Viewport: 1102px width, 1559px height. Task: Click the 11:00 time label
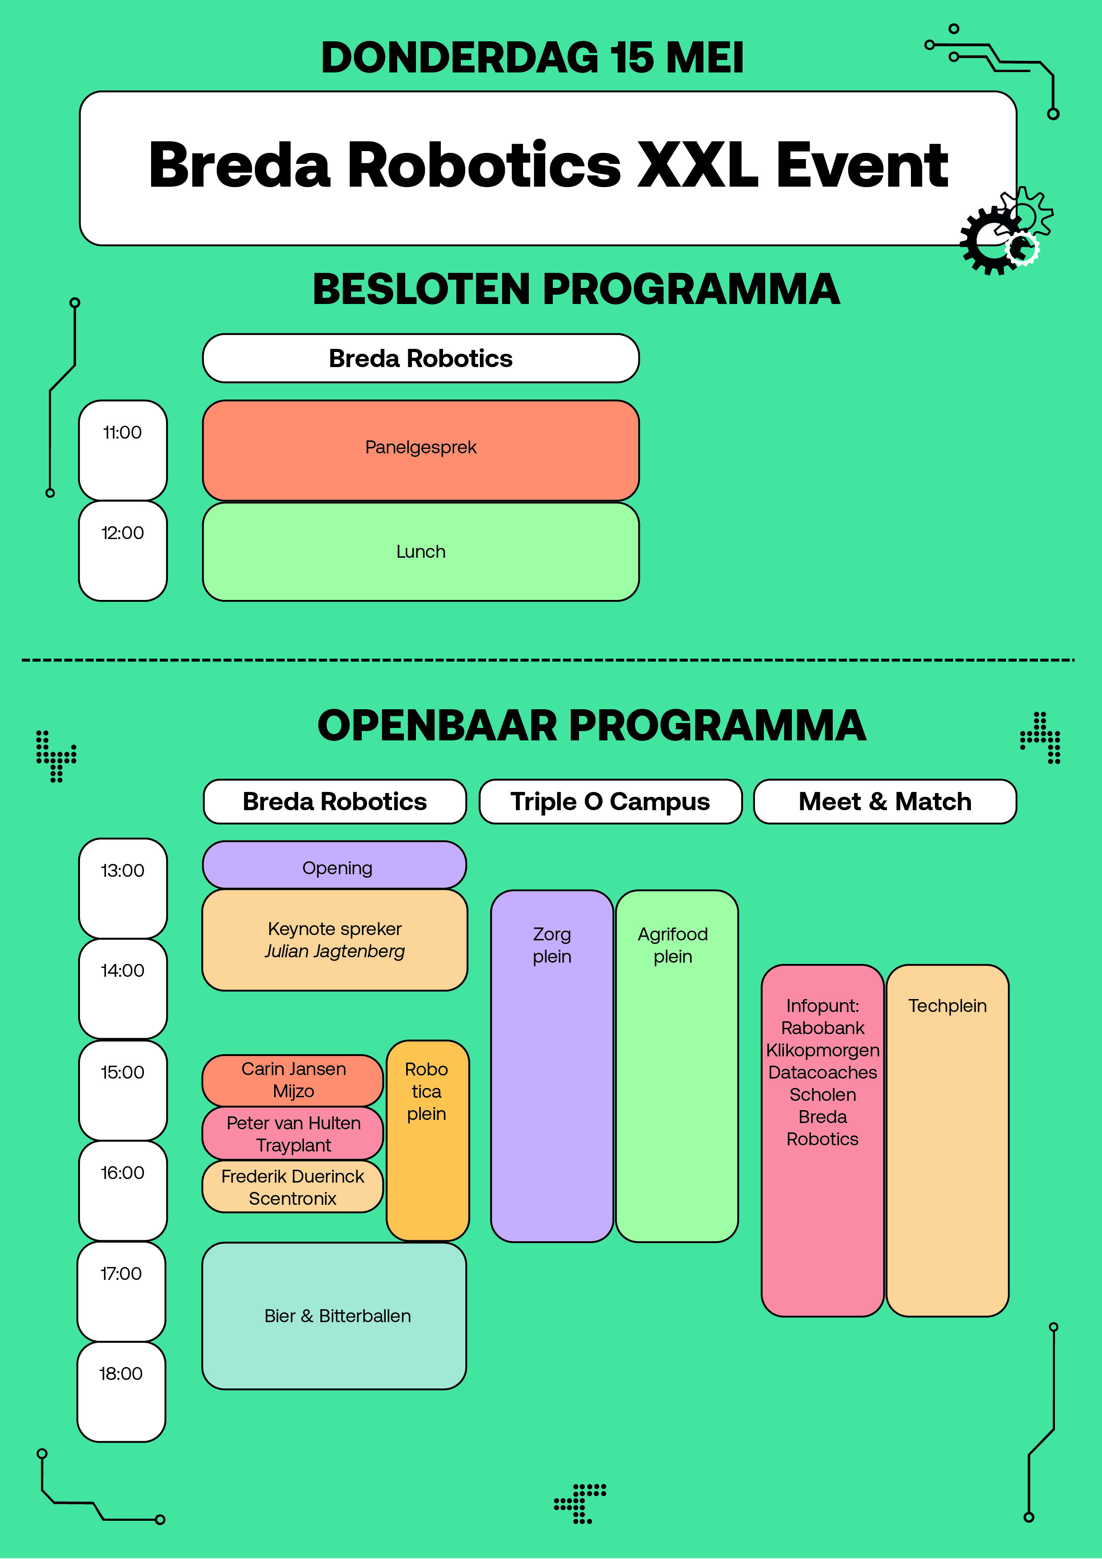(122, 432)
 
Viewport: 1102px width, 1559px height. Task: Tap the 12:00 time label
(122, 533)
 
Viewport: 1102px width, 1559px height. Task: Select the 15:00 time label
(122, 1072)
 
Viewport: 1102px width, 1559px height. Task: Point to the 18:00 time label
(121, 1374)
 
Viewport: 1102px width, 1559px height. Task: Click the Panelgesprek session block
(420, 450)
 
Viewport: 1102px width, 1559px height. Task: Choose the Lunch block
(420, 552)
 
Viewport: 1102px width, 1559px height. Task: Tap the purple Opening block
(335, 865)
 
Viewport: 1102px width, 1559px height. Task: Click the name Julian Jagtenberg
(335, 951)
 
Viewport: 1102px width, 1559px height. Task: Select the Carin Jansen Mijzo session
(293, 1080)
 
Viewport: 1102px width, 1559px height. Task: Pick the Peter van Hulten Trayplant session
(293, 1134)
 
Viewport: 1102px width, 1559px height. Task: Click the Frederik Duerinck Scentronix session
(293, 1187)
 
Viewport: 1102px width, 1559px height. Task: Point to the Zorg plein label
(552, 945)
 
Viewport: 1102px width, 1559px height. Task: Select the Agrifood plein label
(673, 945)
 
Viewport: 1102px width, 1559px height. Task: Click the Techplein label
(947, 1006)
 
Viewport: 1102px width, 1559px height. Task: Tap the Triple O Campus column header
(611, 802)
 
